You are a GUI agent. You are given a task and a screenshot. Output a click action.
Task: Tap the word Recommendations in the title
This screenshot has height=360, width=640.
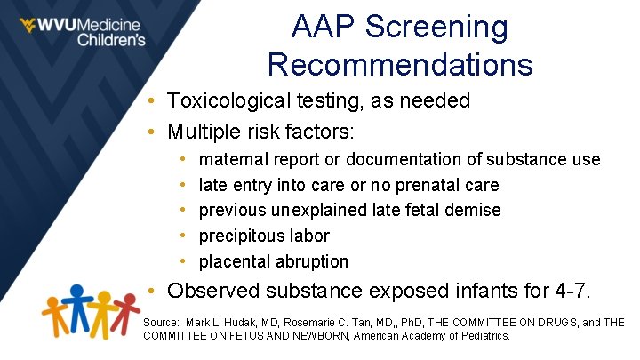pos(400,65)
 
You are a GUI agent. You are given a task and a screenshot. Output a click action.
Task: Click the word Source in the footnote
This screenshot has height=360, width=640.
pos(162,322)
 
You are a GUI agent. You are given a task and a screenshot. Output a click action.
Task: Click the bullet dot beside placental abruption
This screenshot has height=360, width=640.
pos(182,261)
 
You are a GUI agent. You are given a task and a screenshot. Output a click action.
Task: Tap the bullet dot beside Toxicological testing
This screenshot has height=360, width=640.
pos(154,101)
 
